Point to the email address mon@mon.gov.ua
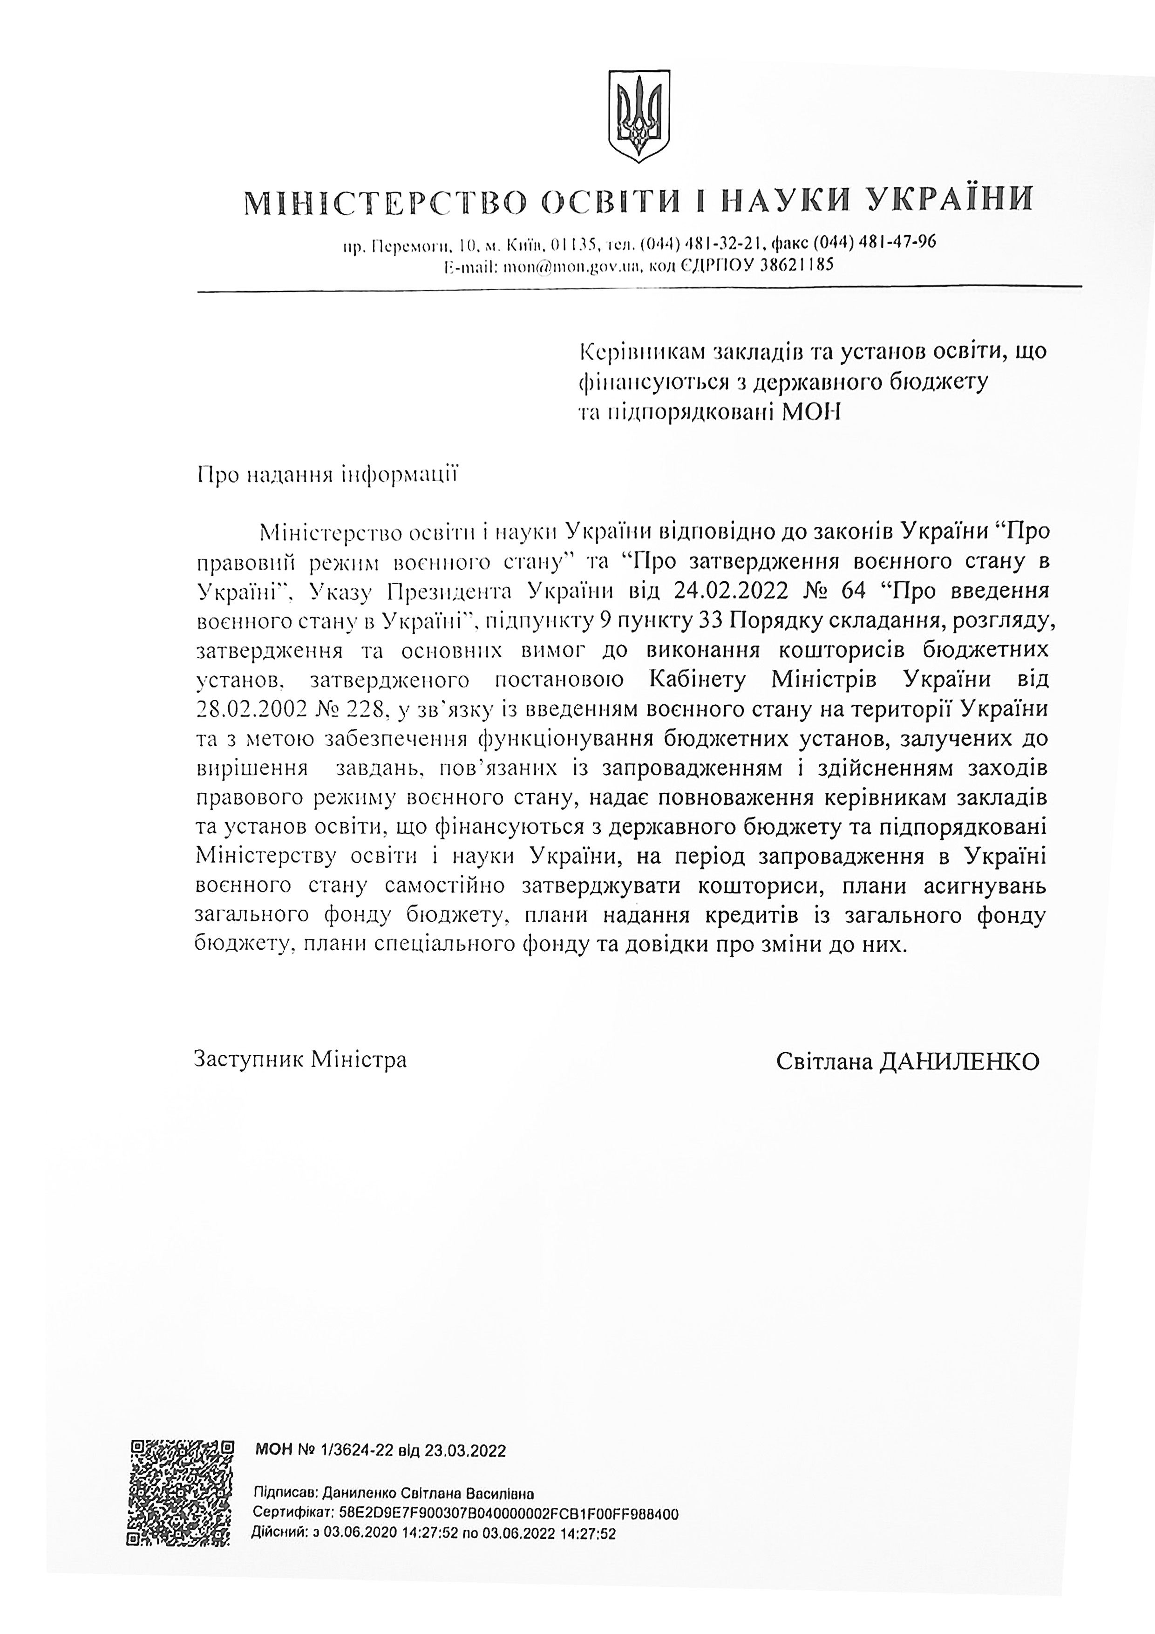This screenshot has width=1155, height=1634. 572,267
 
